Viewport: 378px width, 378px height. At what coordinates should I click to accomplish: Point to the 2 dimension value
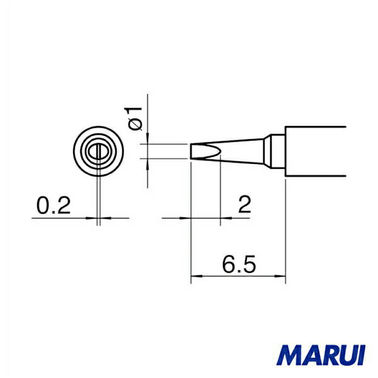(x=244, y=205)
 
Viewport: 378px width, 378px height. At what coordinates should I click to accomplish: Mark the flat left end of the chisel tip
(x=191, y=151)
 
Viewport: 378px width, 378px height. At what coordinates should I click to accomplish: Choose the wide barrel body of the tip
(x=315, y=151)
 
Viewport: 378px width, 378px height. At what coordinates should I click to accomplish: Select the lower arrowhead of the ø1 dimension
(x=147, y=163)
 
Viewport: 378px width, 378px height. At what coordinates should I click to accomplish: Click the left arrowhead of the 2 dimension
(x=187, y=218)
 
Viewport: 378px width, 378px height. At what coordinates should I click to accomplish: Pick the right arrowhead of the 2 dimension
(x=224, y=218)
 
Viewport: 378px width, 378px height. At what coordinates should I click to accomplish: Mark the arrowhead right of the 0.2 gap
(x=105, y=218)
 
